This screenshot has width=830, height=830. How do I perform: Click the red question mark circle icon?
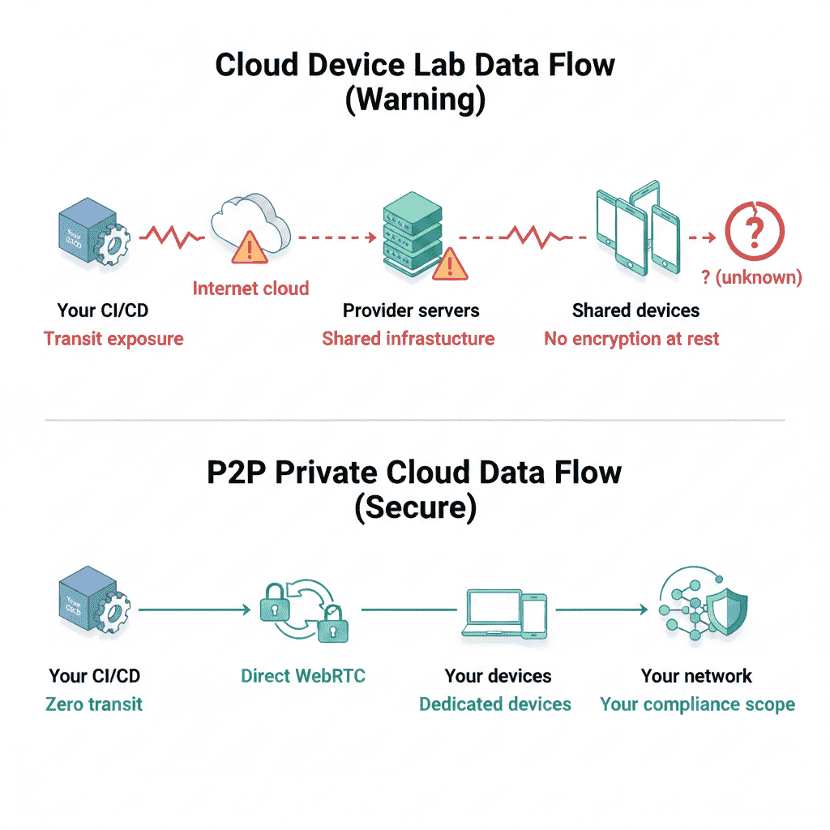[x=755, y=229]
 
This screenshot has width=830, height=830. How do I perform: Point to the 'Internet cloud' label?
[x=250, y=288]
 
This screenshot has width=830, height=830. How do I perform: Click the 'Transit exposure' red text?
[x=113, y=338]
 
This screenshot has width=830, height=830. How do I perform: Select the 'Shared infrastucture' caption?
[x=409, y=338]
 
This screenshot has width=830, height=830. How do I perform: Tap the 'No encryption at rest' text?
[x=631, y=338]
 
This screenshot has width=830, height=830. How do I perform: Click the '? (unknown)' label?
[x=751, y=277]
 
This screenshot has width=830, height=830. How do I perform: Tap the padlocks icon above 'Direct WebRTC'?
[x=302, y=610]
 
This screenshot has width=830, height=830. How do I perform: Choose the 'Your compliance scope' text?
[x=697, y=704]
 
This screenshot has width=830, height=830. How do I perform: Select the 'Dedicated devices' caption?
[x=495, y=704]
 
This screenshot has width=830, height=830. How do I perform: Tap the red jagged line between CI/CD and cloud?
[x=172, y=237]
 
